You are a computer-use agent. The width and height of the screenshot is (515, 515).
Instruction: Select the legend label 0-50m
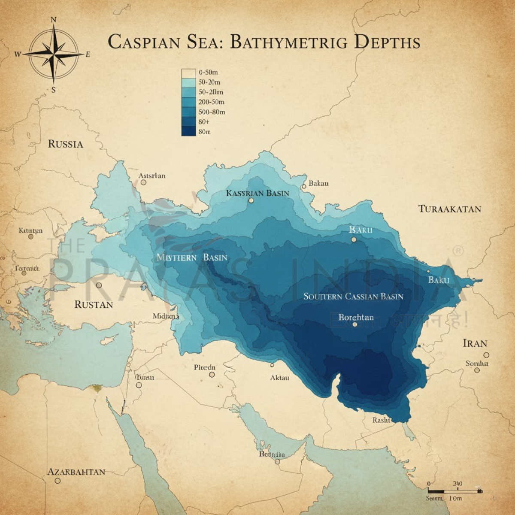[209, 73]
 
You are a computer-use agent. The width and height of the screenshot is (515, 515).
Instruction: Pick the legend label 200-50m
[212, 102]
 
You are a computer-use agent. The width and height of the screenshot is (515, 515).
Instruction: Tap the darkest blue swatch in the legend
[188, 132]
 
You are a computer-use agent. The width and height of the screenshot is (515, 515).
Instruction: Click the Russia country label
[65, 144]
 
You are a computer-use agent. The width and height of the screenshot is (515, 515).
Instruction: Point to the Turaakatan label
[449, 209]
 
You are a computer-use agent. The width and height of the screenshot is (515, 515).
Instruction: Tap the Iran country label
[475, 343]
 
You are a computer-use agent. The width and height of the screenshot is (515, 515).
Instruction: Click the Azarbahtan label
[76, 472]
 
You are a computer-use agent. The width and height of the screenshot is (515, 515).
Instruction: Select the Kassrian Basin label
[257, 193]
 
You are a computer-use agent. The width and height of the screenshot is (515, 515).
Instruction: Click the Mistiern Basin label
[192, 257]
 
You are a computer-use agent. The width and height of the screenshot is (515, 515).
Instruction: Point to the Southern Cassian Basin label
[353, 297]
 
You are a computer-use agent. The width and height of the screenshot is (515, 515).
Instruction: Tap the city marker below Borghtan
[354, 324]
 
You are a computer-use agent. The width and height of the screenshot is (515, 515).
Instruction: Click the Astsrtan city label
[151, 176]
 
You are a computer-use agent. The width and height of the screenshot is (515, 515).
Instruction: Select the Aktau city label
[279, 378]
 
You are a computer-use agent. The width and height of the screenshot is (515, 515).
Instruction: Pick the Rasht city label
[381, 420]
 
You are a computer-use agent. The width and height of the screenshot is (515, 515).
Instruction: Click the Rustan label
[94, 305]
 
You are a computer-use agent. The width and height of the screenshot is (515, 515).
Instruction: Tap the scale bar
[455, 491]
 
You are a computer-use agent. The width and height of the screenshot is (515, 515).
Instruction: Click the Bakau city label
[318, 184]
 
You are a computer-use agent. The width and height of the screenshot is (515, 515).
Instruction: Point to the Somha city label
[477, 364]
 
